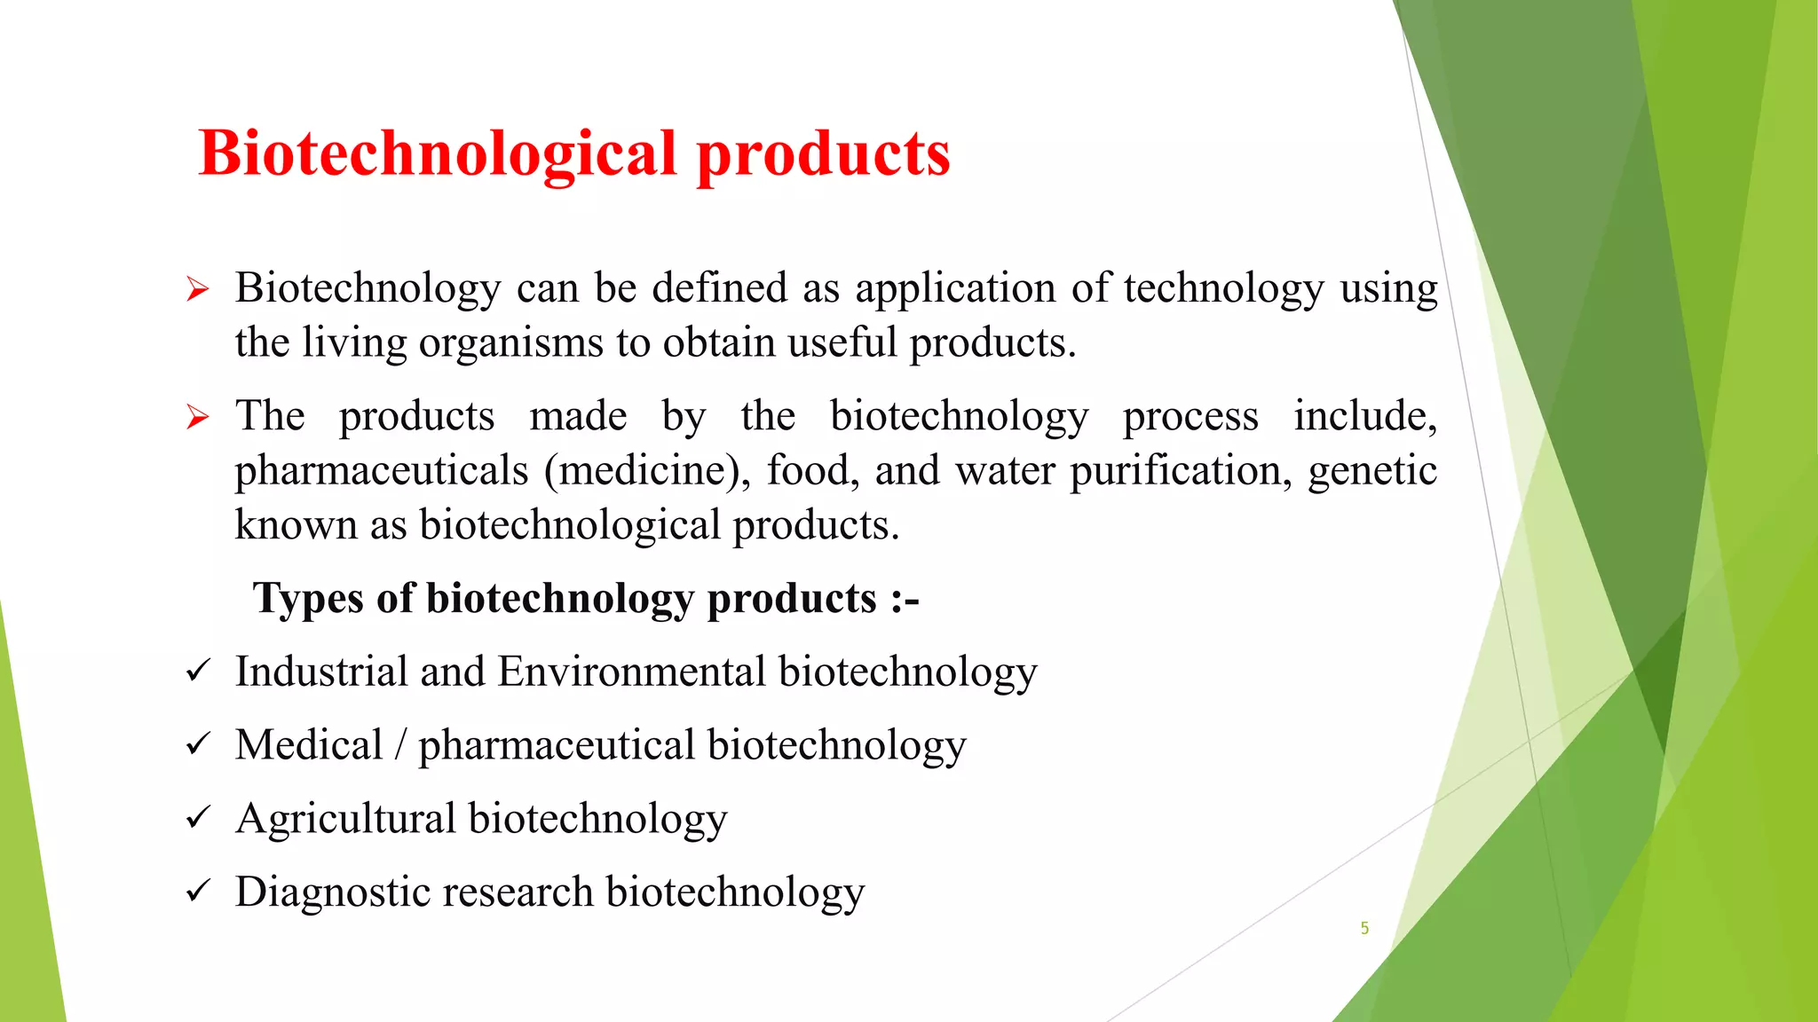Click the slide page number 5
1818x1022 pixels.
1364,928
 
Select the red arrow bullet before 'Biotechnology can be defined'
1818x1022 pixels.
197,289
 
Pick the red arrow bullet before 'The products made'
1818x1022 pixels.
197,417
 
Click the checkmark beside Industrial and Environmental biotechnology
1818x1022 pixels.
197,671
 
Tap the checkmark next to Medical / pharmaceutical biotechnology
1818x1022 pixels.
197,744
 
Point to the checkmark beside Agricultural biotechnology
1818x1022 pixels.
197,818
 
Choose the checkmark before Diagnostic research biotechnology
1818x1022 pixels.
197,891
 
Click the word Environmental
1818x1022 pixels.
631,672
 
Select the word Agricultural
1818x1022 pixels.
345,818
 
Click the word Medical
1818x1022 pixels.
308,744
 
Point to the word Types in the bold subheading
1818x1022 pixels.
308,599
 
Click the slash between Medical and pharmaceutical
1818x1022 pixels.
400,745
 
